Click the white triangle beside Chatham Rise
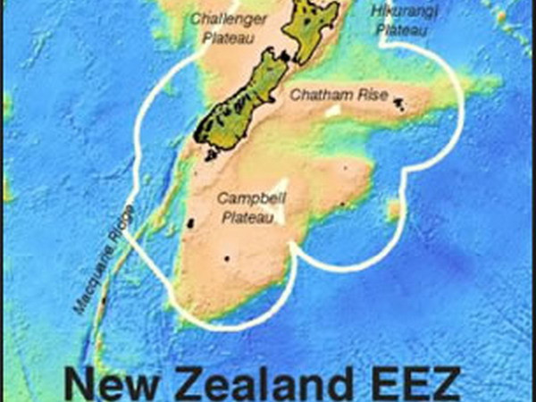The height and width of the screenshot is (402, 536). (332, 110)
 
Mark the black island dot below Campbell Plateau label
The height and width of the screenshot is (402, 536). (227, 259)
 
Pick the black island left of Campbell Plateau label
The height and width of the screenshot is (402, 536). (189, 225)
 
